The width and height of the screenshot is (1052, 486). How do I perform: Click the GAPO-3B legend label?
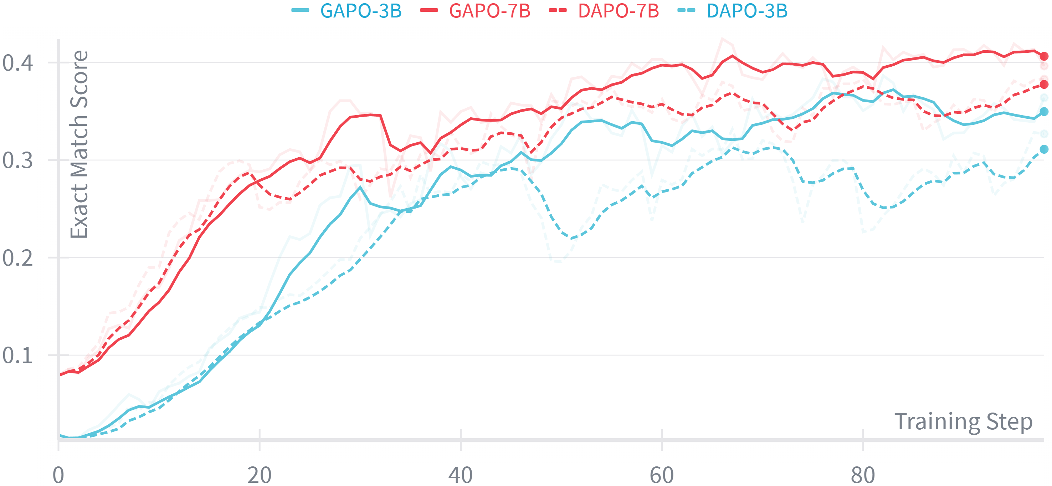click(361, 11)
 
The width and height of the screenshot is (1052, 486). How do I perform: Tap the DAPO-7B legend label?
click(618, 11)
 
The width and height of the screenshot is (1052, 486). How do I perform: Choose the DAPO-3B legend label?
click(747, 11)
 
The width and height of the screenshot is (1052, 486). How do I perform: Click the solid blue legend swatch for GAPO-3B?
click(300, 10)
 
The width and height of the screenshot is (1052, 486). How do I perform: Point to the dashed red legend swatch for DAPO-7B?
click(558, 10)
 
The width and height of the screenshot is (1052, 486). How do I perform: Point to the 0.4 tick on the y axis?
click(17, 63)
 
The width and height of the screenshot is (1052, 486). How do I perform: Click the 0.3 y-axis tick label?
click(17, 160)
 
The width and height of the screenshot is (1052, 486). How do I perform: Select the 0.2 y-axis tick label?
click(17, 258)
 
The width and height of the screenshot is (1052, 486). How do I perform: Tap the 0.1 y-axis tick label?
click(17, 355)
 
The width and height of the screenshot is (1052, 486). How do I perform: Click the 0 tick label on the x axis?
click(58, 475)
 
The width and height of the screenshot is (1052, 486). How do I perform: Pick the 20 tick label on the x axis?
click(259, 475)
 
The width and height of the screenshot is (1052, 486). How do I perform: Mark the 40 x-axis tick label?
click(461, 475)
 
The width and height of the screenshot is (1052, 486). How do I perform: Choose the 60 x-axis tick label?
click(662, 475)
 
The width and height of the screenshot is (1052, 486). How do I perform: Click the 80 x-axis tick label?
click(863, 475)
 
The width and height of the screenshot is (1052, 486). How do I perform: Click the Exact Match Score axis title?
click(79, 144)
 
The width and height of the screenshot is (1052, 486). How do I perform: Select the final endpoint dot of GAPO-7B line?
click(1044, 56)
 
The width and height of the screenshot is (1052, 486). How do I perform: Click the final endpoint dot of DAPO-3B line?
click(1044, 149)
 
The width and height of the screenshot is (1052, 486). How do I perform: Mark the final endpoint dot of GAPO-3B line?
click(1044, 112)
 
